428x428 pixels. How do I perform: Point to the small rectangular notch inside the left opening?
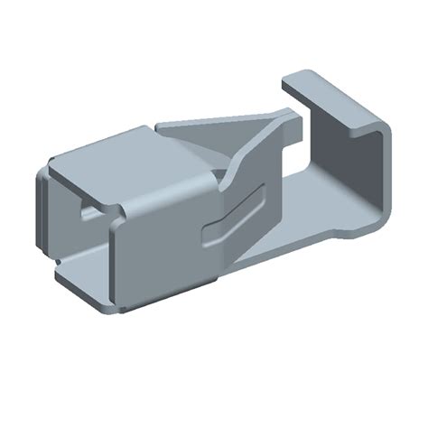(88, 212)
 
